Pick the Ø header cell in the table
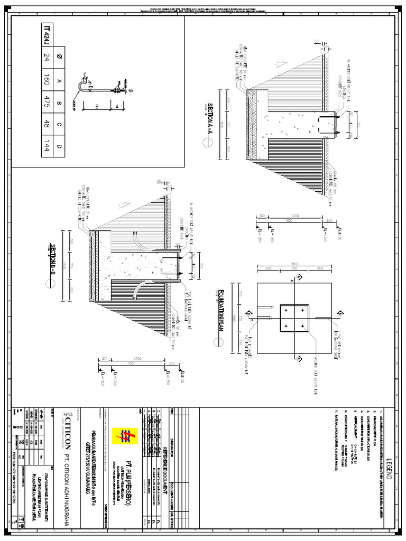click(47, 58)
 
